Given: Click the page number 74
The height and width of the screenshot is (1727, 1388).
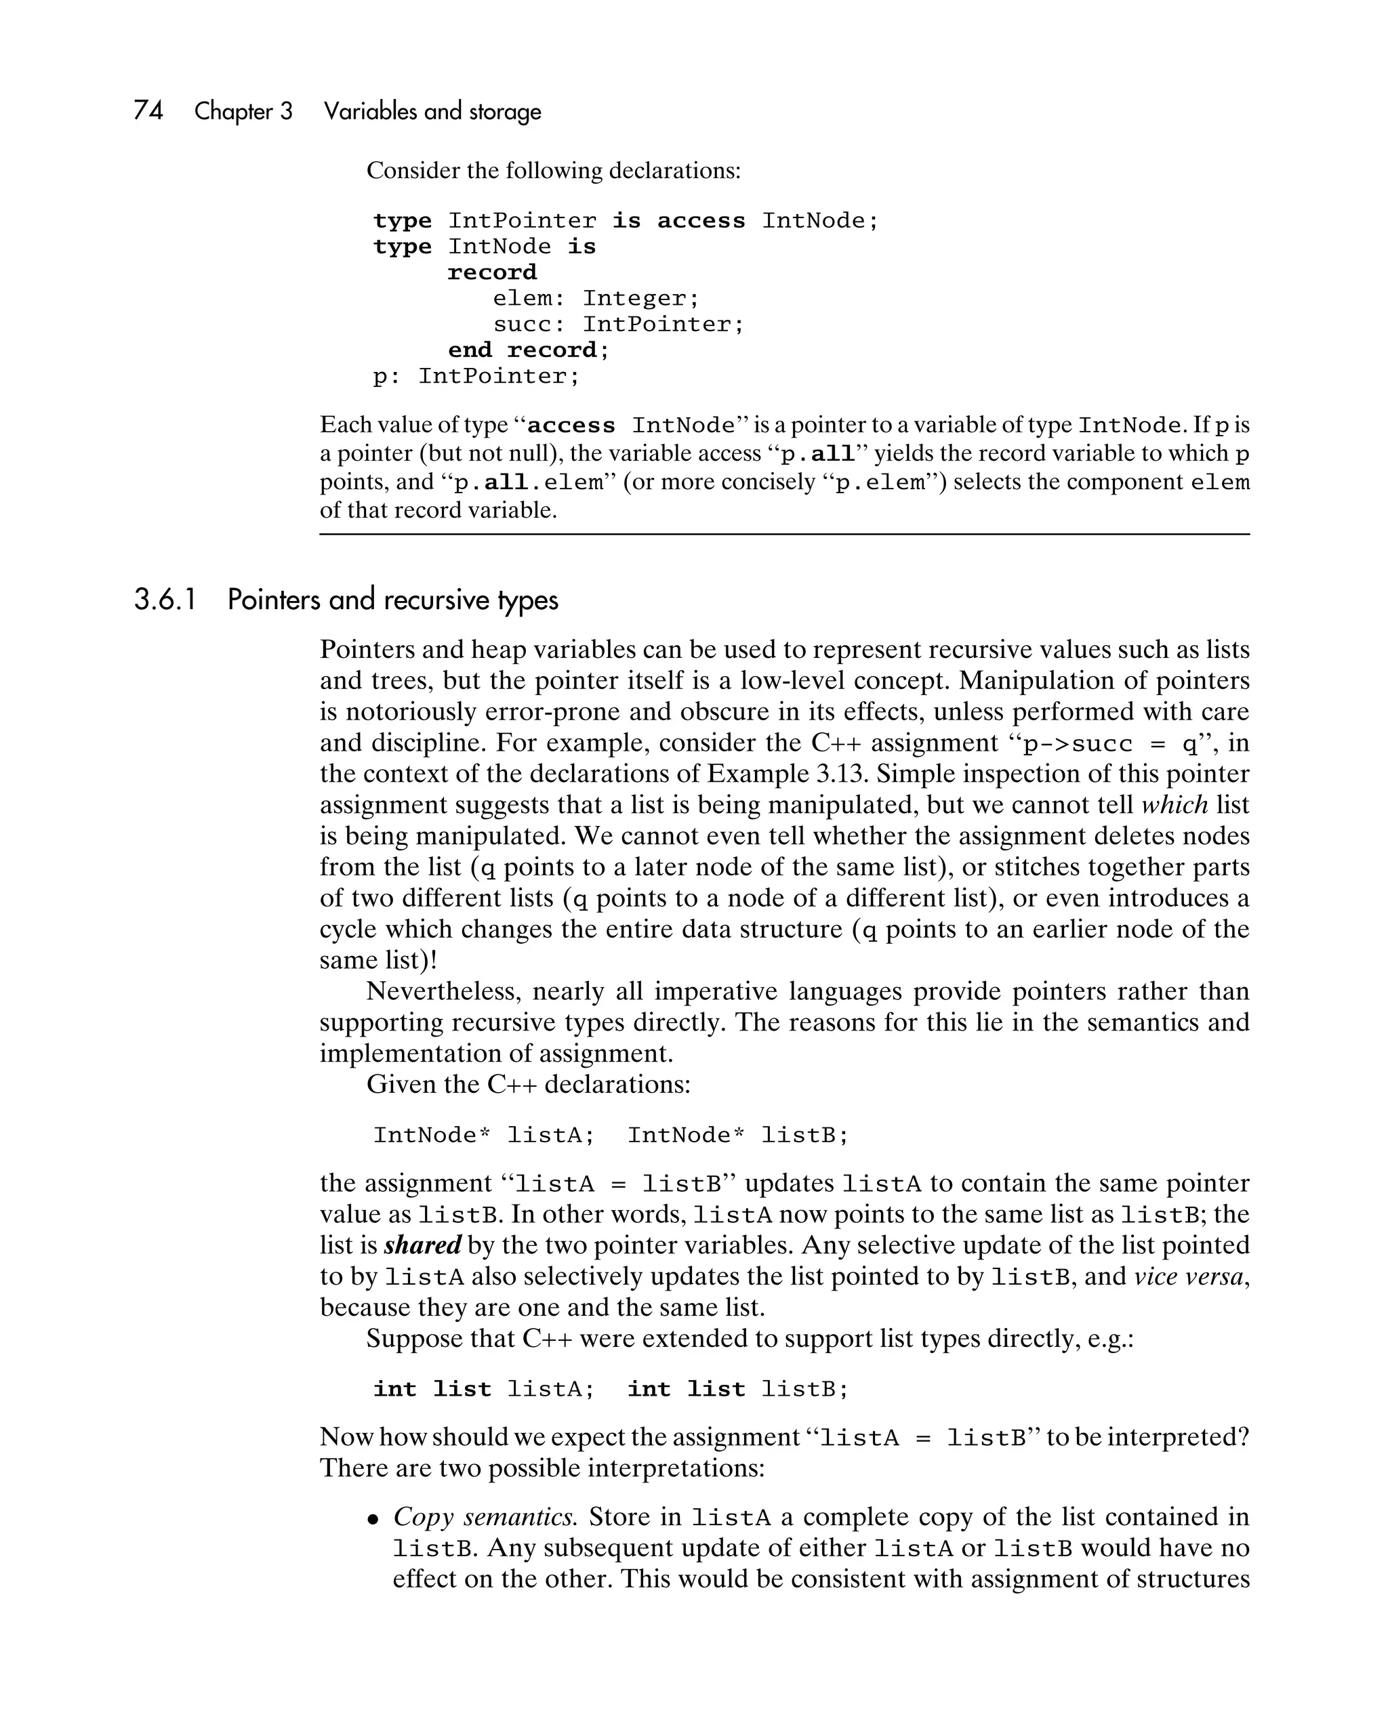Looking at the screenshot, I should coord(148,110).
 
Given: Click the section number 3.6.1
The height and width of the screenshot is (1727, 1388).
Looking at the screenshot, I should coord(165,600).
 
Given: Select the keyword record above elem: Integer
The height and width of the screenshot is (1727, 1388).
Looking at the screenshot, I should coord(492,272).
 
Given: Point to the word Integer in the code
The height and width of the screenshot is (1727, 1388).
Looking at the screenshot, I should coord(640,299).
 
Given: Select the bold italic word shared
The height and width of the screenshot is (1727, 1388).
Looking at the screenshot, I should coord(422,1245).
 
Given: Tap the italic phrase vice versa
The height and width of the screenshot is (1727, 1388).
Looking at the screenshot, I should coord(1190,1276).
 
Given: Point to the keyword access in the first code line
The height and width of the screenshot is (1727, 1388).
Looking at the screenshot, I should coord(700,221).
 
